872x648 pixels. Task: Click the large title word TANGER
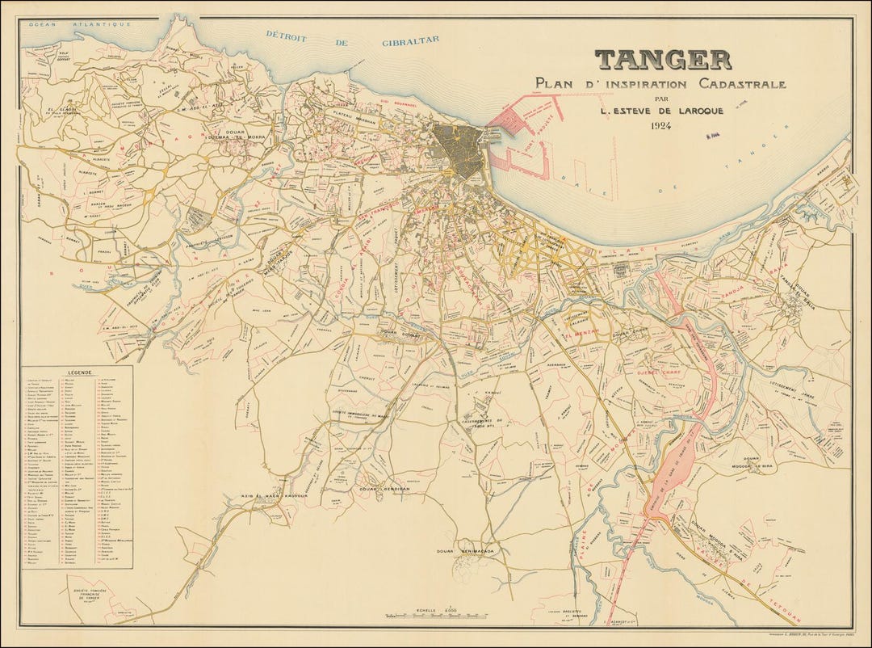tap(663, 60)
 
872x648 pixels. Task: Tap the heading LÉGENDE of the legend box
tap(81, 374)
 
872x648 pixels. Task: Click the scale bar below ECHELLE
tap(436, 618)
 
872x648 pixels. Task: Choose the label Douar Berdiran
tap(374, 490)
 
